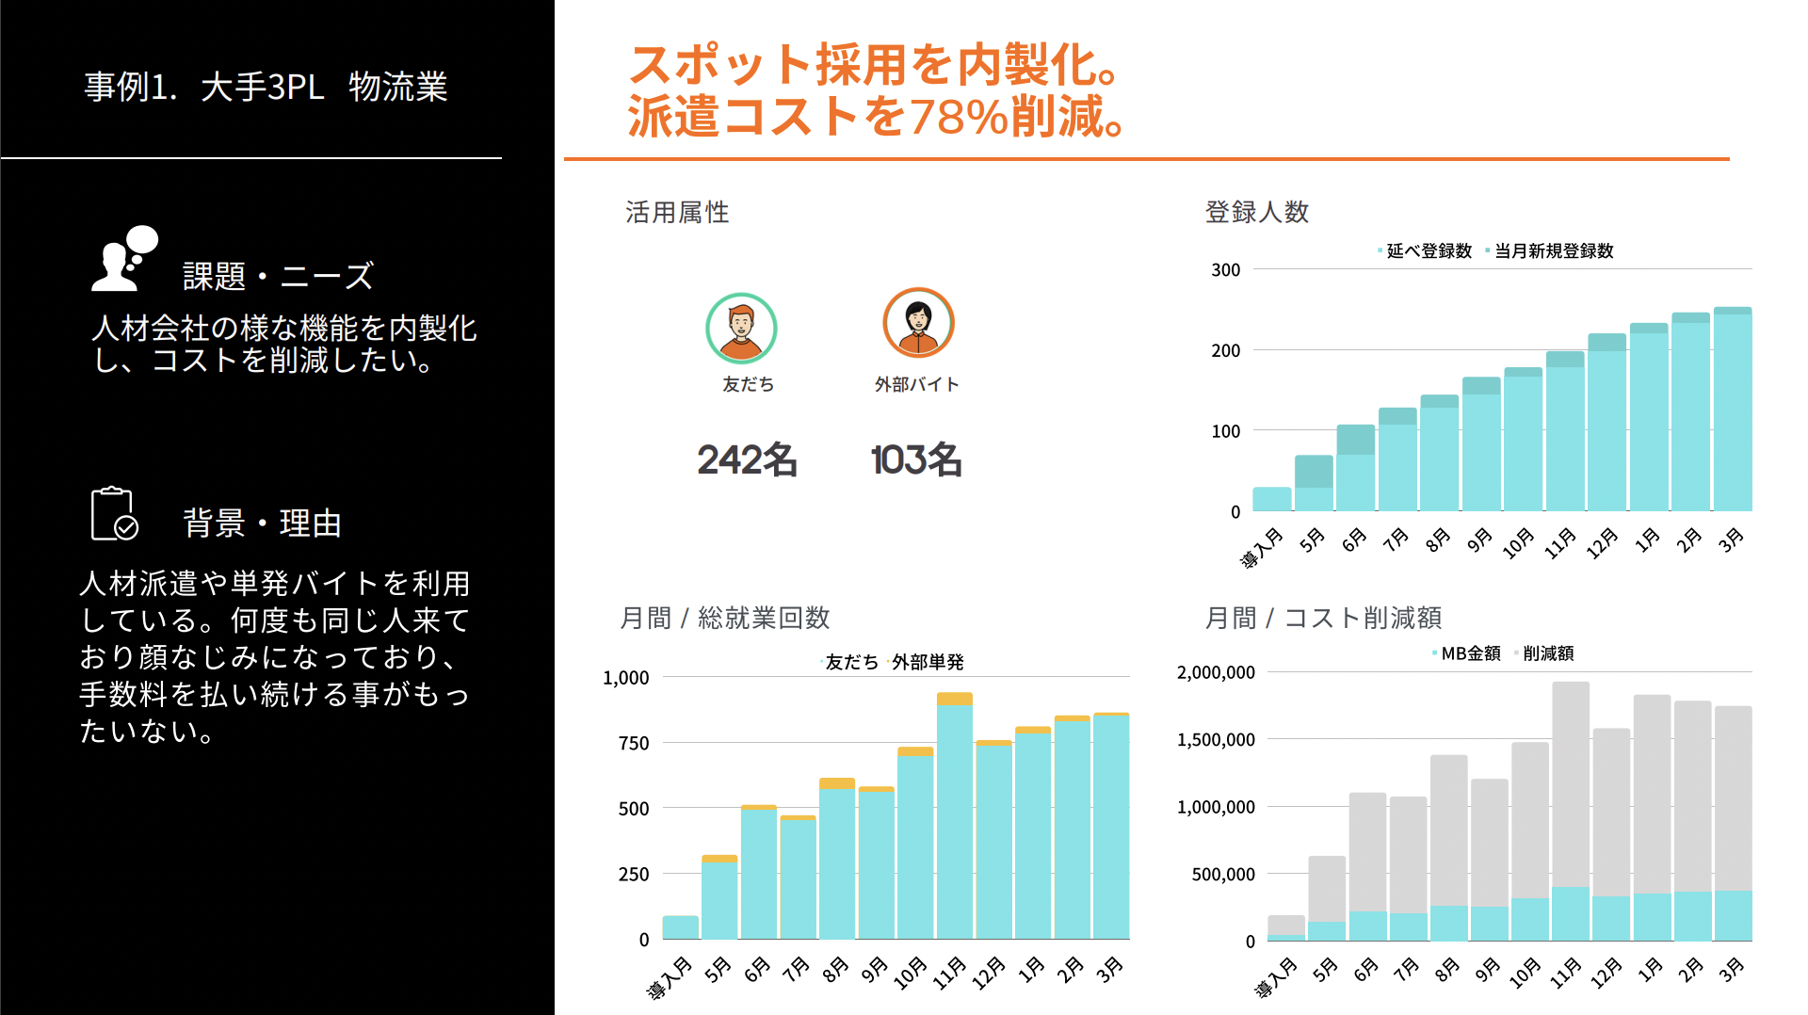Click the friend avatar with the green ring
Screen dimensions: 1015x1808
pyautogui.click(x=741, y=328)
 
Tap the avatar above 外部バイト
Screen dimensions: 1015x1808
pyautogui.click(x=918, y=323)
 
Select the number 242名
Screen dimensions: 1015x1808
pyautogui.click(x=747, y=459)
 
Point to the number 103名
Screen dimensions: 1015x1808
pyautogui.click(x=915, y=459)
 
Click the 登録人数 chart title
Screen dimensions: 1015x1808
pyautogui.click(x=1256, y=212)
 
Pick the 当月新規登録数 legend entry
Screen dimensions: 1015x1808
pyautogui.click(x=1553, y=250)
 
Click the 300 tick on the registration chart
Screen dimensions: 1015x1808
pyautogui.click(x=1225, y=270)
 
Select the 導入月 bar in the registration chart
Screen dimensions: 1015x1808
pyautogui.click(x=1271, y=499)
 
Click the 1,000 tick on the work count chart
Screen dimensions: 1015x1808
pyautogui.click(x=626, y=678)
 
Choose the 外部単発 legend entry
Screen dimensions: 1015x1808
pyautogui.click(x=927, y=662)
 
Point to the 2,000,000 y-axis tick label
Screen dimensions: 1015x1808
pyautogui.click(x=1216, y=672)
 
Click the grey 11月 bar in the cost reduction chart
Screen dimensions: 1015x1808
pyautogui.click(x=1570, y=781)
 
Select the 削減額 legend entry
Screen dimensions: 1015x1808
pyautogui.click(x=1547, y=653)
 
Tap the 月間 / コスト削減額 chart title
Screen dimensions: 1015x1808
pyautogui.click(x=1323, y=618)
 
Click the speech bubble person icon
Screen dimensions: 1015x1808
pyautogui.click(x=124, y=258)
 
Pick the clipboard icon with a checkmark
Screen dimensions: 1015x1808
pyautogui.click(x=114, y=514)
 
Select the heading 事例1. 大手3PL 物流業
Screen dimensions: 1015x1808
pyautogui.click(x=266, y=87)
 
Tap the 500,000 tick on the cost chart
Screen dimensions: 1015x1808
pyautogui.click(x=1223, y=875)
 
